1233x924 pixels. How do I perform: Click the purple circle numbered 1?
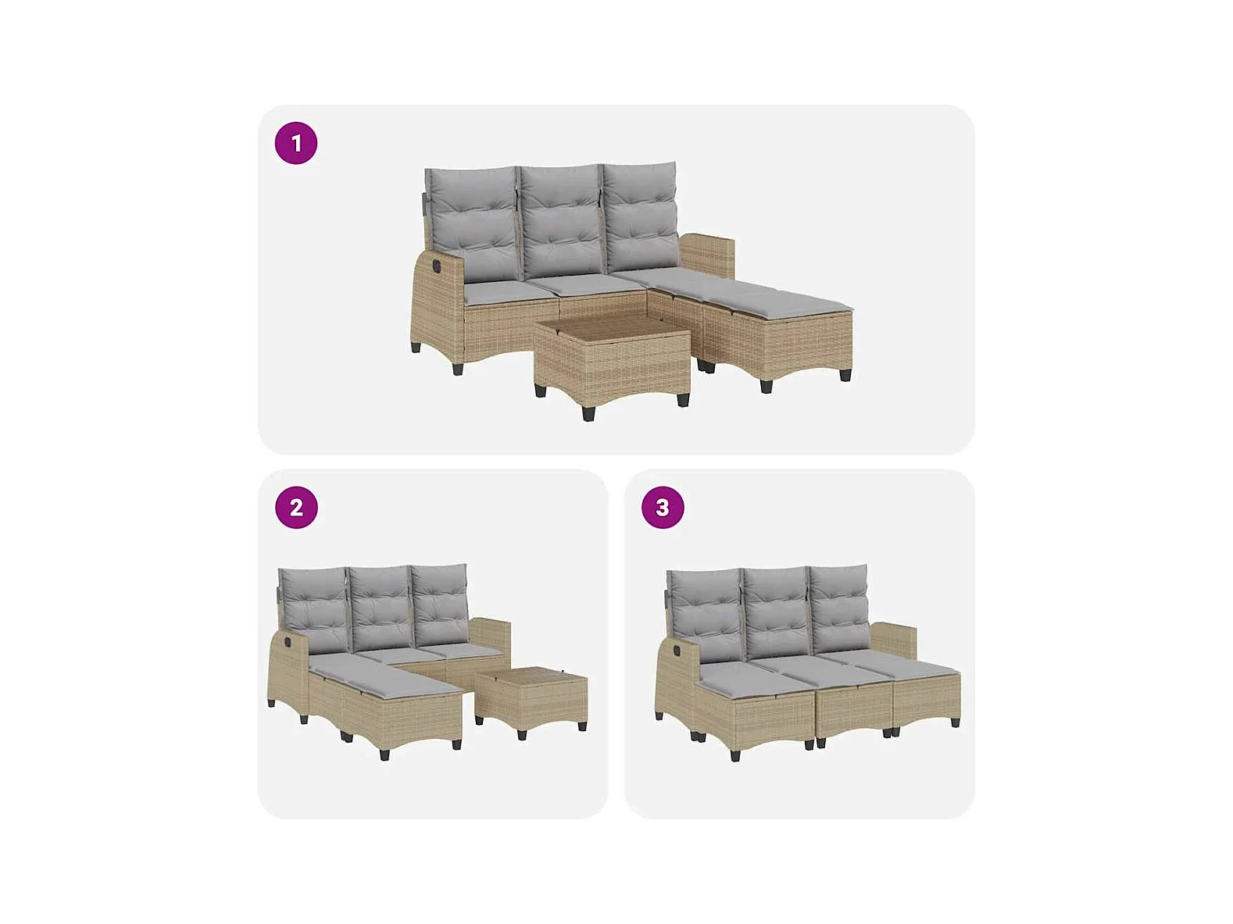(295, 143)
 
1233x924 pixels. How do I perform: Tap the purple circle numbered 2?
(295, 508)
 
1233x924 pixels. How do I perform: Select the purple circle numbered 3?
(663, 508)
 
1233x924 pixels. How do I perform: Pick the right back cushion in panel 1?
(642, 216)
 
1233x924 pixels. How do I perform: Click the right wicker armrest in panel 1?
(708, 259)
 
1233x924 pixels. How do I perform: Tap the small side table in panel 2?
(531, 697)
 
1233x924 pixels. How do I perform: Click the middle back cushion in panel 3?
(775, 614)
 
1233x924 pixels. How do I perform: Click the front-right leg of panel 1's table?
(683, 398)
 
